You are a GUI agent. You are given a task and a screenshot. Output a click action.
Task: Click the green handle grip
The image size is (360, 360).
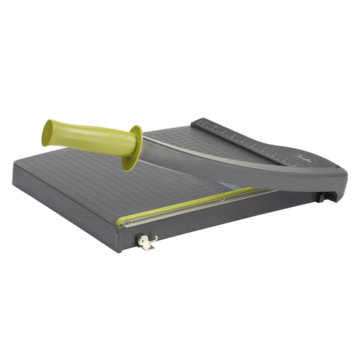point(88,136)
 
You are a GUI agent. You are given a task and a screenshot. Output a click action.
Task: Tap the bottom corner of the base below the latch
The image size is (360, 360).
point(122,250)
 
